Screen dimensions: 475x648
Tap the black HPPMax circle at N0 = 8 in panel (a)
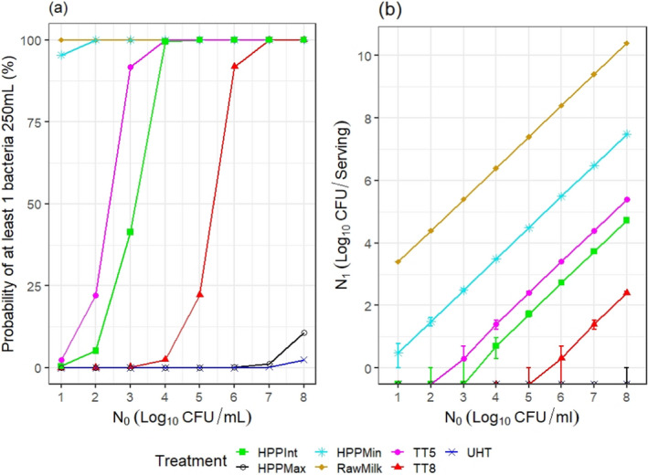click(304, 332)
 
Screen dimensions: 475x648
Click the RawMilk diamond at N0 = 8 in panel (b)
click(626, 43)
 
